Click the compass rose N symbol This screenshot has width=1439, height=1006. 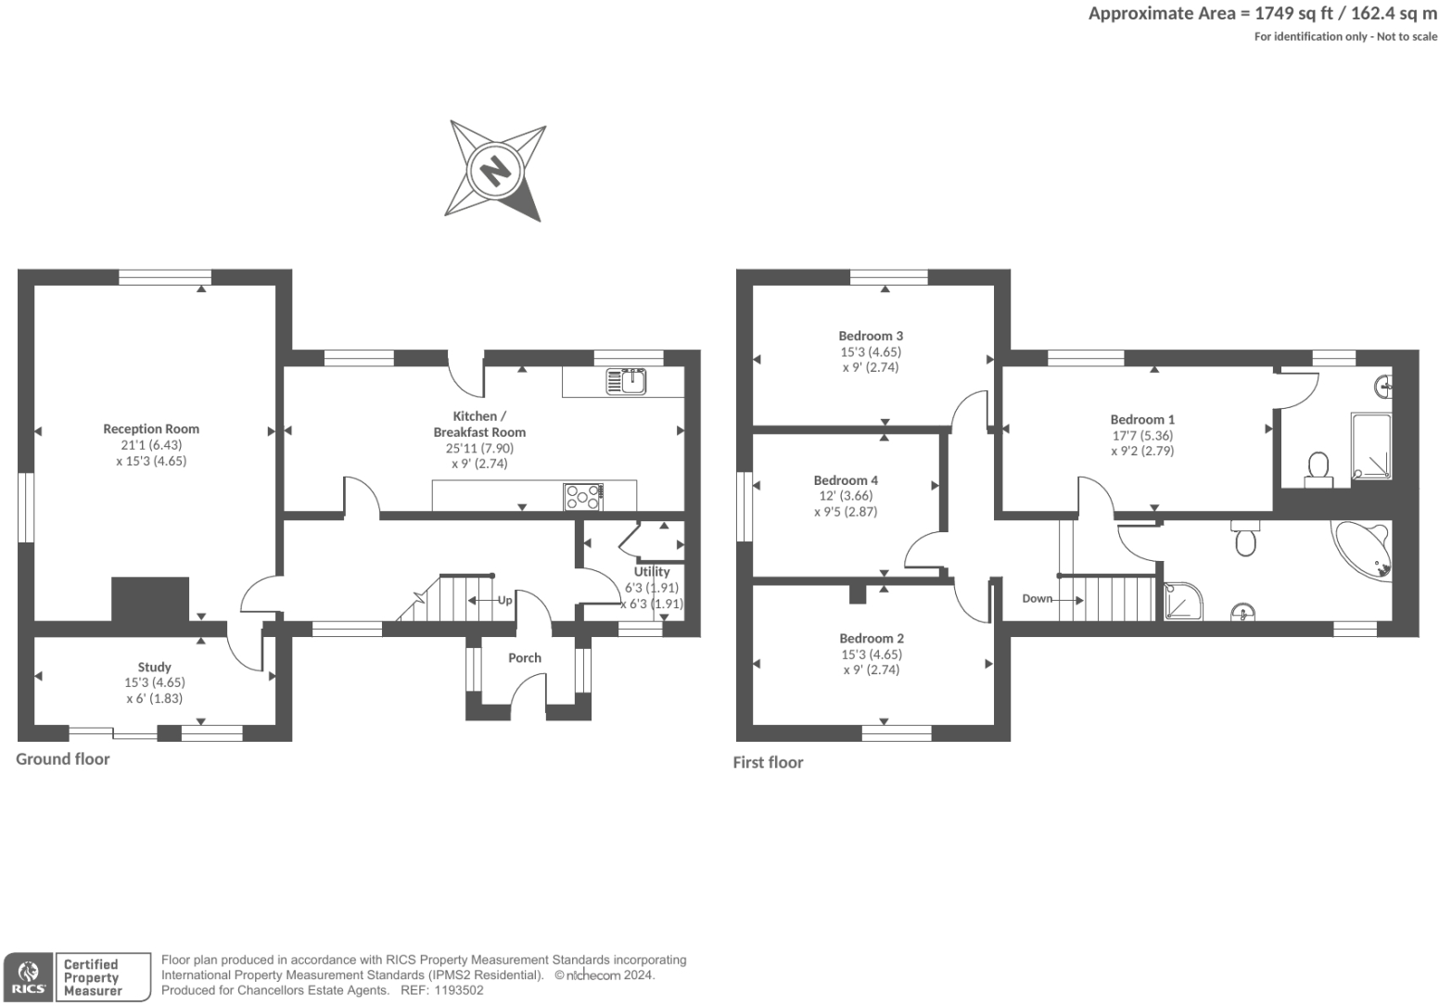494,171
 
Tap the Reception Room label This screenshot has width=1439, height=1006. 151,428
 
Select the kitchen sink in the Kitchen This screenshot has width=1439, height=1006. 627,381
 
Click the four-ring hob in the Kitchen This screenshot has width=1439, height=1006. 583,496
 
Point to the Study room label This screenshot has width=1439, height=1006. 154,667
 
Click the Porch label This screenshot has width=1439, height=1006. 525,657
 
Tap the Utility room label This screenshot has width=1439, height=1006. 652,571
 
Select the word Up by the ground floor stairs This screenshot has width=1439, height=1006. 504,600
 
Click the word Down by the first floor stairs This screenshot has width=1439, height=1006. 1037,598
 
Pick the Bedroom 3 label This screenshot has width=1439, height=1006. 871,336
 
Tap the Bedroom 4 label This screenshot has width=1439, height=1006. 846,480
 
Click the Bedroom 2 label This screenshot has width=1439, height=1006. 872,638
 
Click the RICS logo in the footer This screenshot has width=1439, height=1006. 29,977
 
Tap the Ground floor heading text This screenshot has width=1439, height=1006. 63,758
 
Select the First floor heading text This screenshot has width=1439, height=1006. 768,762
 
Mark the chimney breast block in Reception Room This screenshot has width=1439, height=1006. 150,599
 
